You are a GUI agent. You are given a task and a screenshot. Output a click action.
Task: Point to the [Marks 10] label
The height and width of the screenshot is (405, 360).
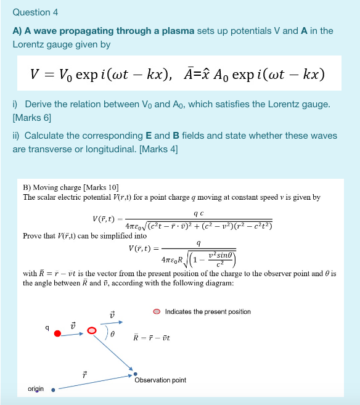click(99, 187)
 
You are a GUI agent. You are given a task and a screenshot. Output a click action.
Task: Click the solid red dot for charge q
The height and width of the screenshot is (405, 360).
click(57, 333)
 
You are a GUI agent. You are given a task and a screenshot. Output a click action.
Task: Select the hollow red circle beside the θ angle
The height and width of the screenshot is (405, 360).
click(92, 331)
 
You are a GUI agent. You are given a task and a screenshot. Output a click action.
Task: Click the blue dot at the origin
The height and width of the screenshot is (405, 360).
click(53, 390)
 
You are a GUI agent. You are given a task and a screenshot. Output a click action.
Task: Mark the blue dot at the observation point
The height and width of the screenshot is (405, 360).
click(135, 373)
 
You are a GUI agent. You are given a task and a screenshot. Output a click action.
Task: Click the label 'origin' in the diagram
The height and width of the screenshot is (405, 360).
click(36, 388)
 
